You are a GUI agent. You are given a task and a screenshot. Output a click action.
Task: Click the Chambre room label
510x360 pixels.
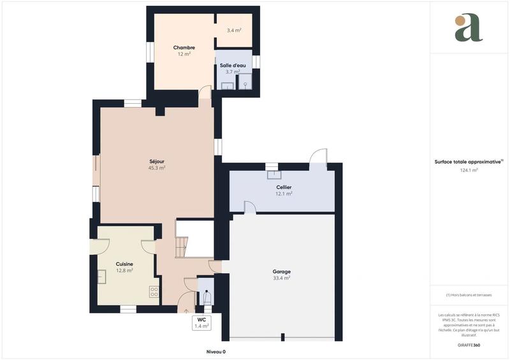(x=184, y=48)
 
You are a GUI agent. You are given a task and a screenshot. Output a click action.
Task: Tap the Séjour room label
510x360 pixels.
(x=157, y=161)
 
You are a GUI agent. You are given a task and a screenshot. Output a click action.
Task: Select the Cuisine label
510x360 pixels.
(x=124, y=264)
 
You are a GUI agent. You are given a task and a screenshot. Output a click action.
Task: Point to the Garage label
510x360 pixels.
(x=281, y=271)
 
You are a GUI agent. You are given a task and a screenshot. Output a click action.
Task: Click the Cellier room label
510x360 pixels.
(x=284, y=187)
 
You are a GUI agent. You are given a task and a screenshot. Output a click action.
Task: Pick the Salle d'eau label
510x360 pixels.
(x=233, y=66)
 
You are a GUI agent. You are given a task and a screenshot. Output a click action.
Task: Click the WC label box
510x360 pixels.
(x=201, y=322)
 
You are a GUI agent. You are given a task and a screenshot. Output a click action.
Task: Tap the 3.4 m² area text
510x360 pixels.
(x=234, y=30)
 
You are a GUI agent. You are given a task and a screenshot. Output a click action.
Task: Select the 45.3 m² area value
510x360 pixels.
(x=157, y=168)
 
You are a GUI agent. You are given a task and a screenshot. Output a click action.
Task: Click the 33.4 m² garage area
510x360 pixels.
(x=281, y=278)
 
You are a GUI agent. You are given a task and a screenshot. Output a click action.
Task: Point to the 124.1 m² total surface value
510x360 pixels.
(x=469, y=170)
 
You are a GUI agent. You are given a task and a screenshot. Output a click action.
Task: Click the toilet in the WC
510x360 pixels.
(x=206, y=298)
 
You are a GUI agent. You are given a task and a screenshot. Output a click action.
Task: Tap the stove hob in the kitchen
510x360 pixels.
(x=154, y=292)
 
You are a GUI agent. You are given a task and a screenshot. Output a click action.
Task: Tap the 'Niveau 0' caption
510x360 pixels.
(x=215, y=352)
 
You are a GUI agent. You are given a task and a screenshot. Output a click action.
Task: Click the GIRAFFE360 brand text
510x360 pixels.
(x=469, y=344)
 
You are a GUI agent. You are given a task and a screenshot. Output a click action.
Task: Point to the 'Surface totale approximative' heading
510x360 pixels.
(x=469, y=162)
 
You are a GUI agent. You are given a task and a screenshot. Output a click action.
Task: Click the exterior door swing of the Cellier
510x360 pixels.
(x=317, y=158)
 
